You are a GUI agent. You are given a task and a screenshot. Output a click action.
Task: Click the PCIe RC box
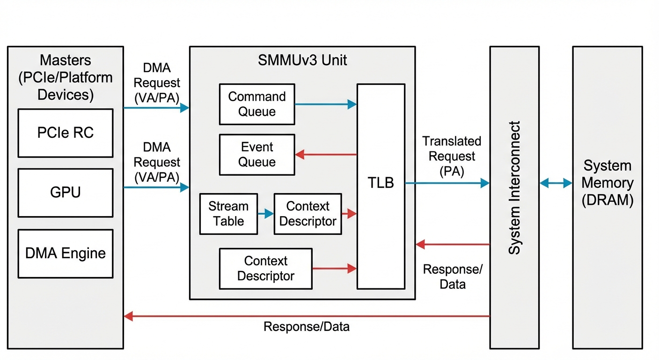pyautogui.click(x=66, y=133)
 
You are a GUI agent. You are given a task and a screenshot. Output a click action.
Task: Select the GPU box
pyautogui.click(x=66, y=193)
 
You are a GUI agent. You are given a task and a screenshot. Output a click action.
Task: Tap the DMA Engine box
pyautogui.click(x=66, y=254)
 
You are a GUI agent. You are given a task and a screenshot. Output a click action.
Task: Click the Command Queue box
pyautogui.click(x=257, y=104)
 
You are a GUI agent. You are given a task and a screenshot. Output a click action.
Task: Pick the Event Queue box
pyautogui.click(x=257, y=155)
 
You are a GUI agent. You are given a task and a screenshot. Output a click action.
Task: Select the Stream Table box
pyautogui.click(x=228, y=214)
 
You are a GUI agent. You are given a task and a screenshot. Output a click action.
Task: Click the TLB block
pyautogui.click(x=381, y=186)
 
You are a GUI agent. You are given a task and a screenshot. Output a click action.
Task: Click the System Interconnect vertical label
pyautogui.click(x=514, y=187)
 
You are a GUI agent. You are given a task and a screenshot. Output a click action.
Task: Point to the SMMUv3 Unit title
pyautogui.click(x=302, y=60)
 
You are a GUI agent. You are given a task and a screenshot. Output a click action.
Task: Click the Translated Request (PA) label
pyautogui.click(x=452, y=156)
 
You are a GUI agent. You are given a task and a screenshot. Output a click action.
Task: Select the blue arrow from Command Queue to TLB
pyautogui.click(x=325, y=105)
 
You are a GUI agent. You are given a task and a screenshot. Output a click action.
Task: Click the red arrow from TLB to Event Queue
pyautogui.click(x=325, y=154)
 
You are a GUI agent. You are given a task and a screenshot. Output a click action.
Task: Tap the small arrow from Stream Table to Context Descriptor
pyautogui.click(x=265, y=214)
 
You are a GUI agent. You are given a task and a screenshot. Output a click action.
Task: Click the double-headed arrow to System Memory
pyautogui.click(x=556, y=183)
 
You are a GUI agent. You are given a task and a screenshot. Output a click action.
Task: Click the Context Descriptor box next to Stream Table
pyautogui.click(x=308, y=214)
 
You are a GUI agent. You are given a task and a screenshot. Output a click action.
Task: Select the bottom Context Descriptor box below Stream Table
pyautogui.click(x=265, y=269)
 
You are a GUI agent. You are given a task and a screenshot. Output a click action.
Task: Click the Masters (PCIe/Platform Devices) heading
pyautogui.click(x=66, y=77)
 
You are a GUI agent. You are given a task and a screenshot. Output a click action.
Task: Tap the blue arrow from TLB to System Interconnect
pyautogui.click(x=447, y=183)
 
